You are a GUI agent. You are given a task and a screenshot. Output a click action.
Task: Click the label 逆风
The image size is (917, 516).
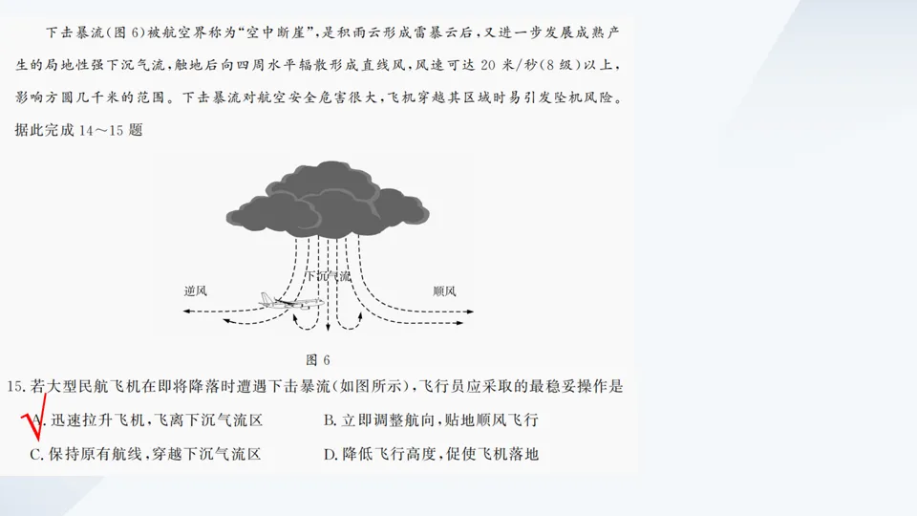pos(195,290)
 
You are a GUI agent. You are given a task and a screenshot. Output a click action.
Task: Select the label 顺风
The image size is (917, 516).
pos(444,290)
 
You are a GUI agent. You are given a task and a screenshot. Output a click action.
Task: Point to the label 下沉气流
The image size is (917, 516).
pos(328,276)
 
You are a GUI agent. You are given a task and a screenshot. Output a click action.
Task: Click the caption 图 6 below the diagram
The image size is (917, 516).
pos(317,360)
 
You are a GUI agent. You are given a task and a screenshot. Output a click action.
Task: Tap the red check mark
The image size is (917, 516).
pos(30,423)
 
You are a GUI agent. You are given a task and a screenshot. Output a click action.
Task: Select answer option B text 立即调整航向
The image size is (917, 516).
pos(381,420)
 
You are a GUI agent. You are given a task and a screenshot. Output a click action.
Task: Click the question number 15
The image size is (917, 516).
pos(14,387)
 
